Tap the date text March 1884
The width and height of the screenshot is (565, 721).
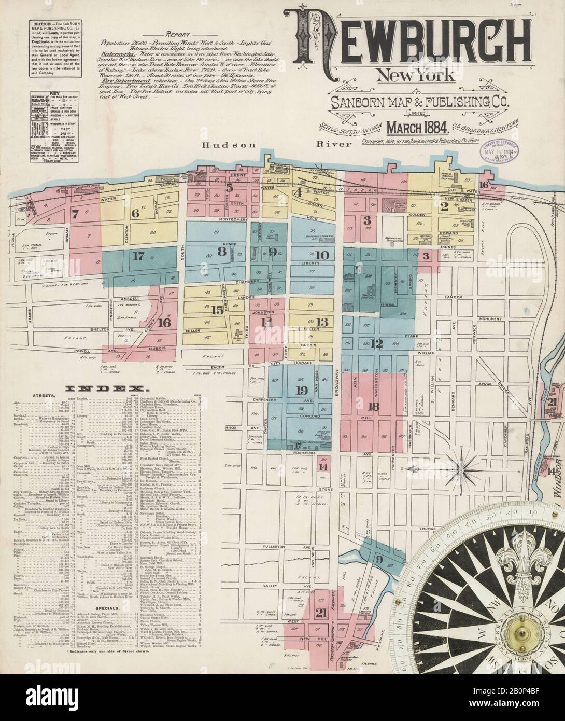(412, 127)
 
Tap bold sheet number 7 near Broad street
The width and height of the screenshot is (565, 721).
(75, 213)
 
